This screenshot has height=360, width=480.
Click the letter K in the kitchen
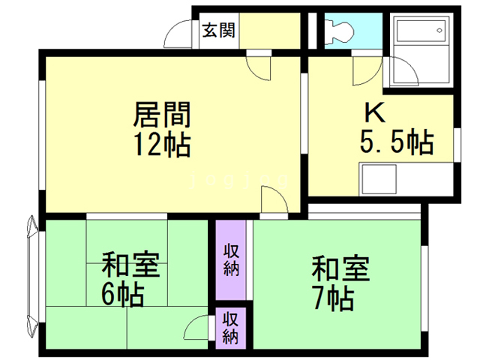point(374,112)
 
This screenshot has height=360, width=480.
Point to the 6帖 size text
point(124,295)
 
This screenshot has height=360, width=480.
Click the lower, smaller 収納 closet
point(231,327)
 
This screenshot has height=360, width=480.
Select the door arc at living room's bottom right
point(271,202)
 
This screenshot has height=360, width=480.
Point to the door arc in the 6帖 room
point(196,328)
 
